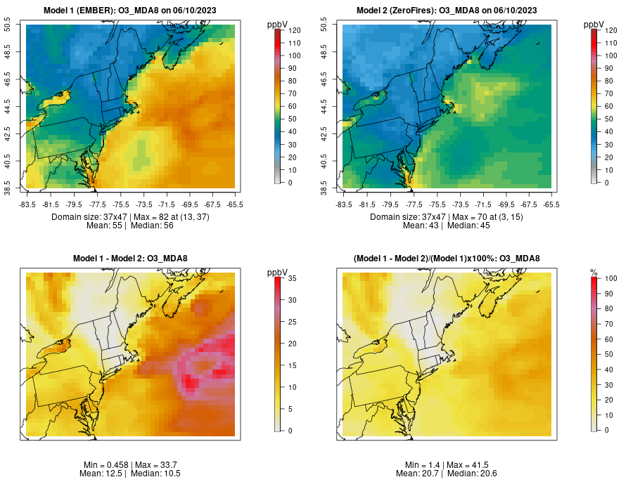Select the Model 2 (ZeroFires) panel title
click(447, 10)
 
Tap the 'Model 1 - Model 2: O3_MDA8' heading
click(130, 259)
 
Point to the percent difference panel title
click(447, 259)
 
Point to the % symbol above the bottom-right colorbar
click(594, 272)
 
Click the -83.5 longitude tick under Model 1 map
click(27, 204)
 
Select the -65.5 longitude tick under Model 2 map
click(551, 204)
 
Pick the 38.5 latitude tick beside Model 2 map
click(326, 188)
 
